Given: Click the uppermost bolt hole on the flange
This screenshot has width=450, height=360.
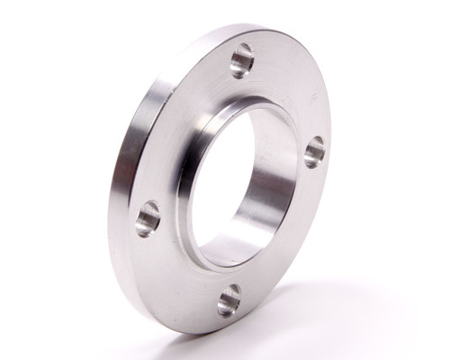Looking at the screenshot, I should [x=242, y=61].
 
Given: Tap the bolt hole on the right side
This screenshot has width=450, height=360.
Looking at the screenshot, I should [x=314, y=152].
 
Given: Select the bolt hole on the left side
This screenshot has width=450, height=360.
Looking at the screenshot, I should [x=148, y=218].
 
